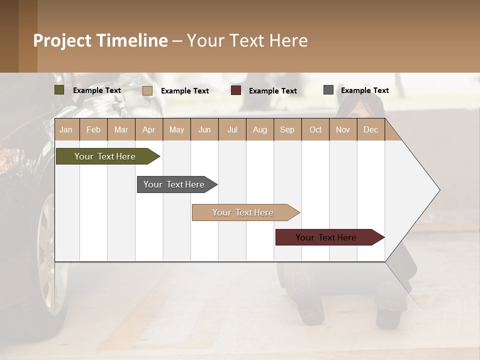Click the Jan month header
pyautogui.click(x=66, y=129)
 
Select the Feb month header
pyautogui.click(x=93, y=129)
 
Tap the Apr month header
pyautogui.click(x=148, y=129)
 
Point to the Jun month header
pyautogui.click(x=204, y=129)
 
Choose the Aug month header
pyautogui.click(x=259, y=129)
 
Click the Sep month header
pyautogui.click(x=287, y=129)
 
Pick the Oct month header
pyautogui.click(x=315, y=129)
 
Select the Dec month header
pyautogui.click(x=370, y=129)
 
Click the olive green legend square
pyautogui.click(x=59, y=90)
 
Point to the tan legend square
pyautogui.click(x=147, y=90)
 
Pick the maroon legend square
pyautogui.click(x=236, y=90)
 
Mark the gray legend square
pyautogui.click(x=328, y=90)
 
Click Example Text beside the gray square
pyautogui.click(x=364, y=90)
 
